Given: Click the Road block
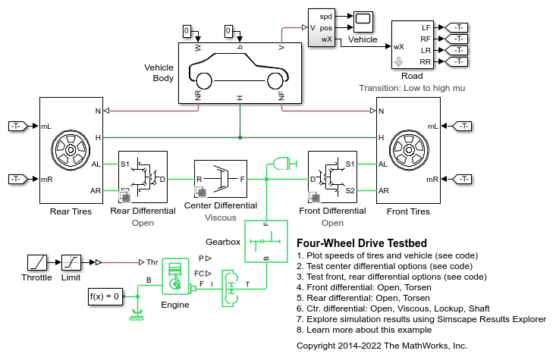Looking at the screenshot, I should pyautogui.click(x=412, y=45).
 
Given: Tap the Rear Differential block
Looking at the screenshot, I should pyautogui.click(x=143, y=177).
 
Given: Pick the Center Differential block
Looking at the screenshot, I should pyautogui.click(x=221, y=179).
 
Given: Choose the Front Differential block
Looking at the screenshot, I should pyautogui.click(x=332, y=177).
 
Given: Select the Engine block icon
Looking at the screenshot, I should pyautogui.click(x=175, y=277).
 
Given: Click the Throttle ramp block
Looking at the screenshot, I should pyautogui.click(x=36, y=262).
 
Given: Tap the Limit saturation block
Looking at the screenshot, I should pyautogui.click(x=71, y=262).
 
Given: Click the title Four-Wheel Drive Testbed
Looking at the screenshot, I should pyautogui.click(x=362, y=243).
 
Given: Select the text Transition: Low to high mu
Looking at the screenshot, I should pyautogui.click(x=412, y=88).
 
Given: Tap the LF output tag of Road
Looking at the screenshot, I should pyautogui.click(x=459, y=27).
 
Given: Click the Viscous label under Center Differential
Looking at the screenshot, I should pyautogui.click(x=221, y=218).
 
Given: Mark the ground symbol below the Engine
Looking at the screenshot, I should pyautogui.click(x=137, y=313).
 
